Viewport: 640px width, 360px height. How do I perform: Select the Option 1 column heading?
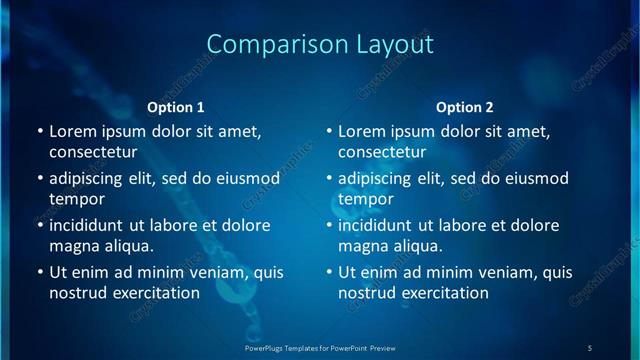pyautogui.click(x=176, y=107)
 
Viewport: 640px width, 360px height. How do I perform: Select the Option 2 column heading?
pyautogui.click(x=465, y=107)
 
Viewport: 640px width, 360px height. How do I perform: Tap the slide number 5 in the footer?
pyautogui.click(x=590, y=348)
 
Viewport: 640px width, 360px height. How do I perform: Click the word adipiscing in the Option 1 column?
pyautogui.click(x=91, y=178)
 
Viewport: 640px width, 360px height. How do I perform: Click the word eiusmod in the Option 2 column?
pyautogui.click(x=535, y=178)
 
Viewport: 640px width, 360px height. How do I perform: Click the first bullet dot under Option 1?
pyautogui.click(x=40, y=131)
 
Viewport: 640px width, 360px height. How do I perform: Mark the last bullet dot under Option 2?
pyautogui.click(x=329, y=272)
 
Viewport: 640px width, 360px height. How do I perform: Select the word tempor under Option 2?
pyautogui.click(x=366, y=199)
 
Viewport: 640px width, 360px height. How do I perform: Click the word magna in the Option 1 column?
pyautogui.click(x=73, y=246)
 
